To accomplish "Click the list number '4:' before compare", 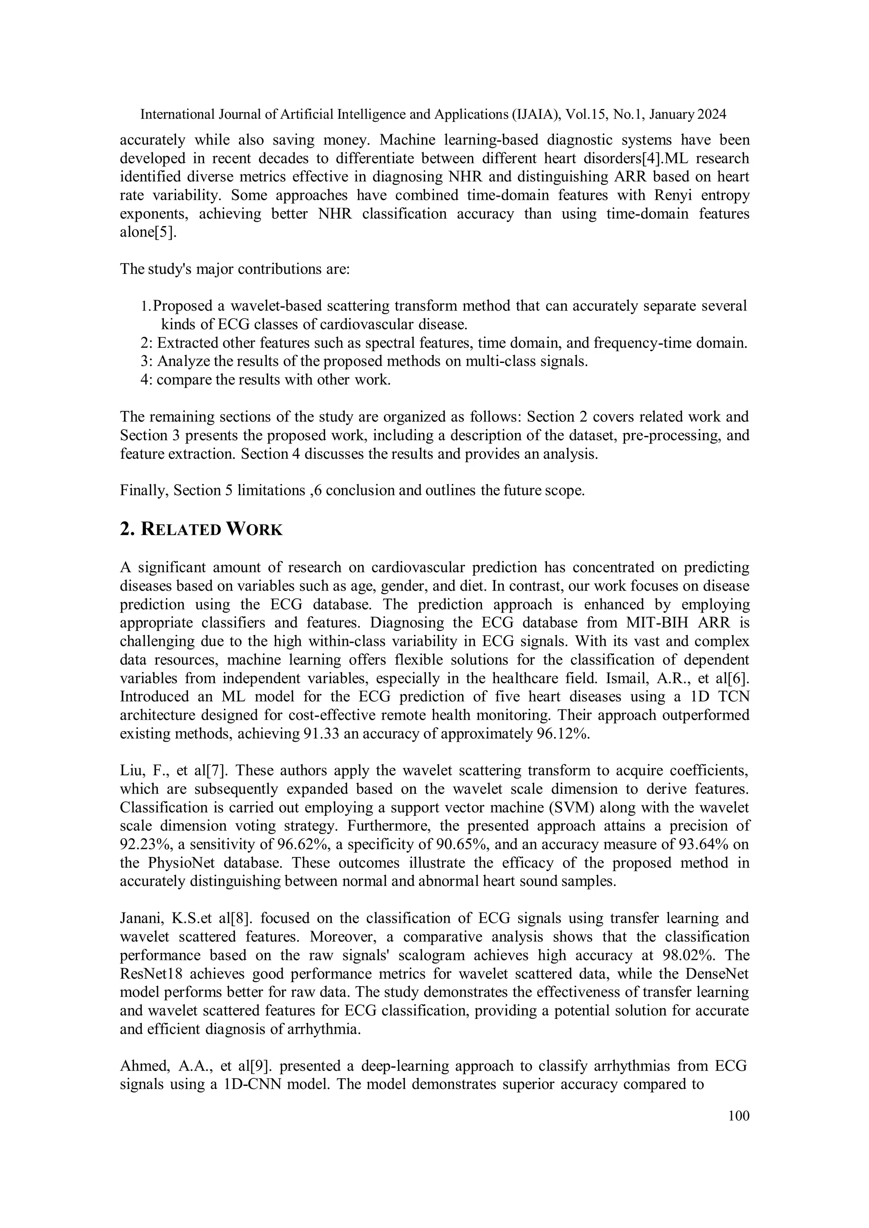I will point(147,380).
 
